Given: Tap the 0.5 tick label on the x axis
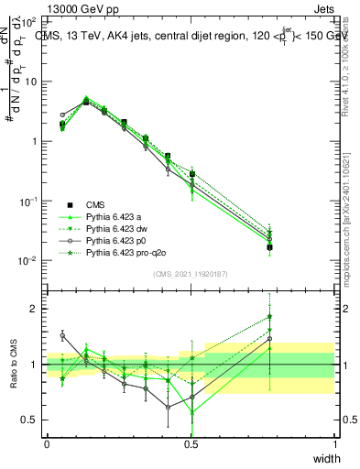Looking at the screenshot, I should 191,443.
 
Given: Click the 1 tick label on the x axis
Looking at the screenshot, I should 334,443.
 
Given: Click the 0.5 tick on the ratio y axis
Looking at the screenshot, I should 29,420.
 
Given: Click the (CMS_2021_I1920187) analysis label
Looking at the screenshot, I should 191,274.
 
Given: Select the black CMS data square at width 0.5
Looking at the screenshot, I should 191,174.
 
